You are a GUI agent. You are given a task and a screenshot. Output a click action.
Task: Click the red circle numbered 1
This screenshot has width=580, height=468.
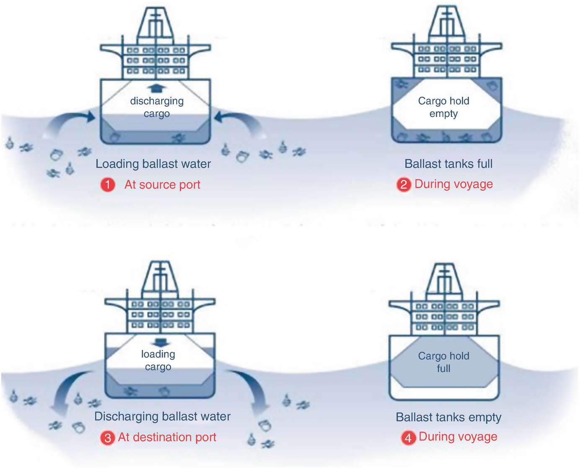click(108, 185)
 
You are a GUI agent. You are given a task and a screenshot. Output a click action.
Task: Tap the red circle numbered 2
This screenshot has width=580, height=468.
click(404, 184)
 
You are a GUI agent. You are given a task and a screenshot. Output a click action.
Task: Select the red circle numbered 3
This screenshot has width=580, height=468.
click(108, 438)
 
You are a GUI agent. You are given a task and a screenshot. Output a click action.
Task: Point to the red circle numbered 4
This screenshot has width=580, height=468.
click(408, 438)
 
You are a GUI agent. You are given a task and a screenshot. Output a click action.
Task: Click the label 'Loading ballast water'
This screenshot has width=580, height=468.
click(153, 164)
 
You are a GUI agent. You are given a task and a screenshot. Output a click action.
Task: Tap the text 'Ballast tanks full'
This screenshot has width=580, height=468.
click(448, 164)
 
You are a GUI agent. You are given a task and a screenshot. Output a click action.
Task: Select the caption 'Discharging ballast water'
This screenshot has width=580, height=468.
click(162, 416)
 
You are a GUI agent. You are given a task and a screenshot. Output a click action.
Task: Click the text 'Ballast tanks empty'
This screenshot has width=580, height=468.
click(448, 417)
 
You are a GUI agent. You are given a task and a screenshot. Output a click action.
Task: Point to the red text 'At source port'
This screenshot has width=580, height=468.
click(162, 185)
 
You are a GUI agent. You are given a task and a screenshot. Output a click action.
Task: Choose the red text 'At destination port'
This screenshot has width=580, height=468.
click(167, 437)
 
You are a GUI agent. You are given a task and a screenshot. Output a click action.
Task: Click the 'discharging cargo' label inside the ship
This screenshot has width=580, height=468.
click(157, 107)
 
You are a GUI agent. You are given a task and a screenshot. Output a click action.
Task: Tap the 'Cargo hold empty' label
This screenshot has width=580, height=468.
click(443, 107)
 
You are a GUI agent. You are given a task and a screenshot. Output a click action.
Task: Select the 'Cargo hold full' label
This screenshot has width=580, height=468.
click(443, 362)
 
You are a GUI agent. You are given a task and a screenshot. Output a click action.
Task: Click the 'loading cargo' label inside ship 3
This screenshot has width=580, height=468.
click(158, 360)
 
